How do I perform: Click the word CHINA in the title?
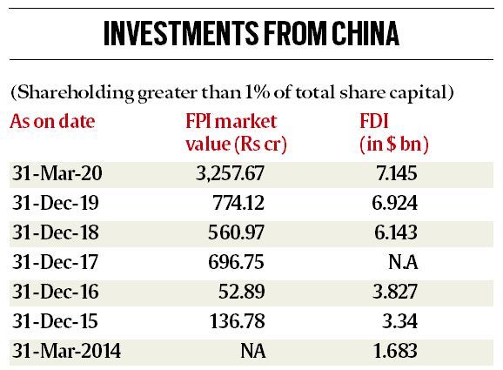pyautogui.click(x=366, y=33)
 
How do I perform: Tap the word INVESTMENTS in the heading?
pyautogui.click(x=181, y=33)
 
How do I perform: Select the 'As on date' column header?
pyautogui.click(x=52, y=122)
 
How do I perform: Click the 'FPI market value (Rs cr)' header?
pyautogui.click(x=236, y=133)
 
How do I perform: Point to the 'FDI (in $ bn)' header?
pyautogui.click(x=394, y=133)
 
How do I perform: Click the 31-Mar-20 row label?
pyautogui.click(x=57, y=173)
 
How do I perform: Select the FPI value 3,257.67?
pyautogui.click(x=230, y=173)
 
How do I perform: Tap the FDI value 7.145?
pyautogui.click(x=397, y=173)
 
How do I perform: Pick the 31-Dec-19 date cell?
pyautogui.click(x=55, y=203)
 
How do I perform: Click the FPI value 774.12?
pyautogui.click(x=238, y=203)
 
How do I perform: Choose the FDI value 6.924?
pyautogui.click(x=394, y=203)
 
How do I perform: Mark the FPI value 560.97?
pyautogui.click(x=236, y=232)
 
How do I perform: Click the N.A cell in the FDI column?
pyautogui.click(x=403, y=262)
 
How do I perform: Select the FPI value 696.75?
pyautogui.click(x=236, y=262)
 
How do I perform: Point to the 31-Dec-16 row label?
pyautogui.click(x=55, y=292)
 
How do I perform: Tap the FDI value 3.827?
pyautogui.click(x=395, y=292)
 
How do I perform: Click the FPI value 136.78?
pyautogui.click(x=237, y=321)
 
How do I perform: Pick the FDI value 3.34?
pyautogui.click(x=399, y=321)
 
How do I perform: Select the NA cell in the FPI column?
pyautogui.click(x=252, y=351)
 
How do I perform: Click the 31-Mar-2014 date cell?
pyautogui.click(x=66, y=351)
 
